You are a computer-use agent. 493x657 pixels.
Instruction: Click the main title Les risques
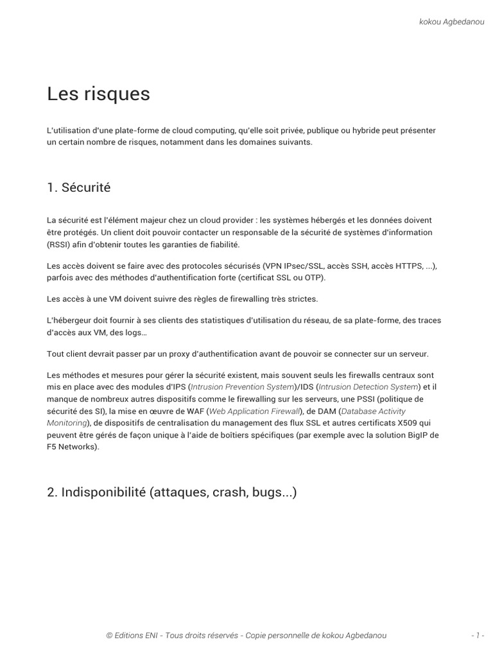(x=98, y=94)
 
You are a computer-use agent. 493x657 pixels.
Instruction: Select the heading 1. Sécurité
(x=78, y=187)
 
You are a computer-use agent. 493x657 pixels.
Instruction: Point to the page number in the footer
(x=476, y=635)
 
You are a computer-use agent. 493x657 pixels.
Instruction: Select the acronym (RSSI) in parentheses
(x=58, y=244)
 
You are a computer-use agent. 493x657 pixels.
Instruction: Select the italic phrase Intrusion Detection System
(x=368, y=387)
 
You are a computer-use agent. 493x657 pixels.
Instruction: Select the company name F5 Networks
(x=72, y=447)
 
